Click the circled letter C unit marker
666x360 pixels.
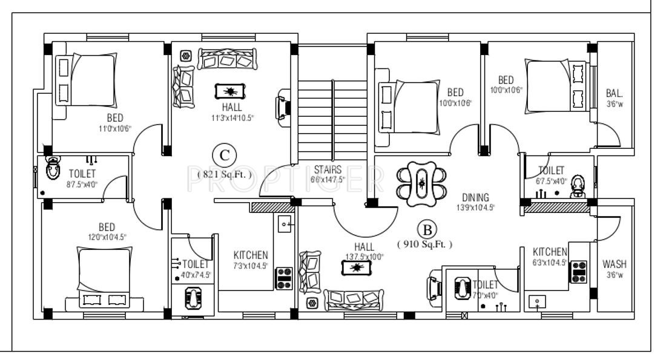pyautogui.click(x=225, y=155)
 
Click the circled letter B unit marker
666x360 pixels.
pyautogui.click(x=427, y=230)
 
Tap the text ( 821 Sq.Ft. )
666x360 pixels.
pyautogui.click(x=225, y=173)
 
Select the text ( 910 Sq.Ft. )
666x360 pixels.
pyautogui.click(x=424, y=244)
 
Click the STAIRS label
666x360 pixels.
pyautogui.click(x=328, y=170)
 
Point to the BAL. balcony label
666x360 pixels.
pyautogui.click(x=615, y=93)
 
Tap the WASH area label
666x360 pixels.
pyautogui.click(x=615, y=264)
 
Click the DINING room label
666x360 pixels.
pyautogui.click(x=475, y=197)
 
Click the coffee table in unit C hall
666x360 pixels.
pyautogui.click(x=230, y=91)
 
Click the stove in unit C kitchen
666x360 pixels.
pyautogui.click(x=284, y=278)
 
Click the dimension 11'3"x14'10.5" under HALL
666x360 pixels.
pyautogui.click(x=232, y=117)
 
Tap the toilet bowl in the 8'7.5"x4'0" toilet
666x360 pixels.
pyautogui.click(x=53, y=166)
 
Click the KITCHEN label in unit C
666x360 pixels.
pyautogui.click(x=251, y=256)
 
